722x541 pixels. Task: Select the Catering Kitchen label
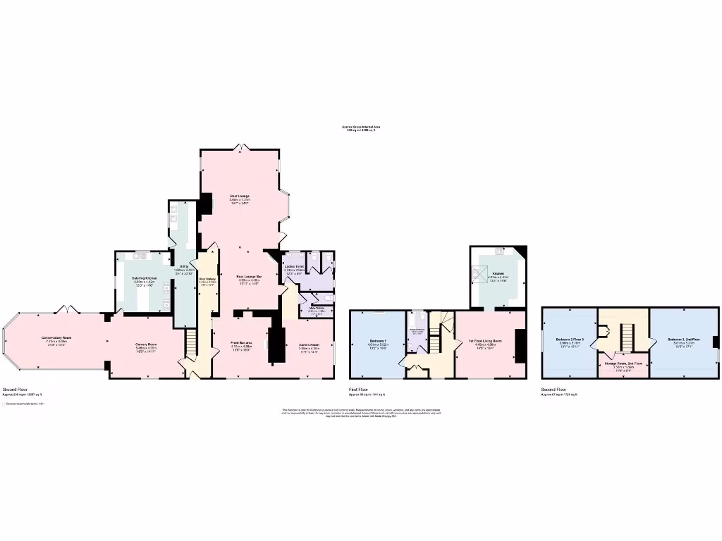click(144, 278)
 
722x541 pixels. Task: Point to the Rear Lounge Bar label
click(249, 277)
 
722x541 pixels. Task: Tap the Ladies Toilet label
click(293, 268)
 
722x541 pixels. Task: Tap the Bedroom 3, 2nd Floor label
click(683, 340)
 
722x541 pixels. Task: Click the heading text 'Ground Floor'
click(14, 389)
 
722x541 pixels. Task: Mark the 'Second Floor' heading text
click(553, 389)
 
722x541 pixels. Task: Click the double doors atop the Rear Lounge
click(241, 147)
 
